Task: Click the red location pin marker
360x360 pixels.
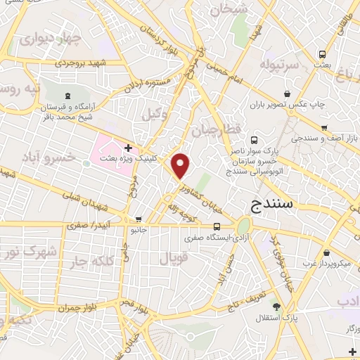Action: click(x=181, y=166)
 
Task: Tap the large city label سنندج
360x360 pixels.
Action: click(x=277, y=205)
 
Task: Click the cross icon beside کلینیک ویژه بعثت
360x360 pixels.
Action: click(x=128, y=148)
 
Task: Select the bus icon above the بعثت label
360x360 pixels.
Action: click(x=323, y=53)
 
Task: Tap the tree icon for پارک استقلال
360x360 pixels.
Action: click(x=277, y=306)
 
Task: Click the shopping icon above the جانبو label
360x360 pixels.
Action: click(x=139, y=219)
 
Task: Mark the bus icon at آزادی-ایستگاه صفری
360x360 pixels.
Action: click(x=217, y=226)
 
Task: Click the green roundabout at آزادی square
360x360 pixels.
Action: click(x=244, y=226)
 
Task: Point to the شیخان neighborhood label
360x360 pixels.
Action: click(x=233, y=9)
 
